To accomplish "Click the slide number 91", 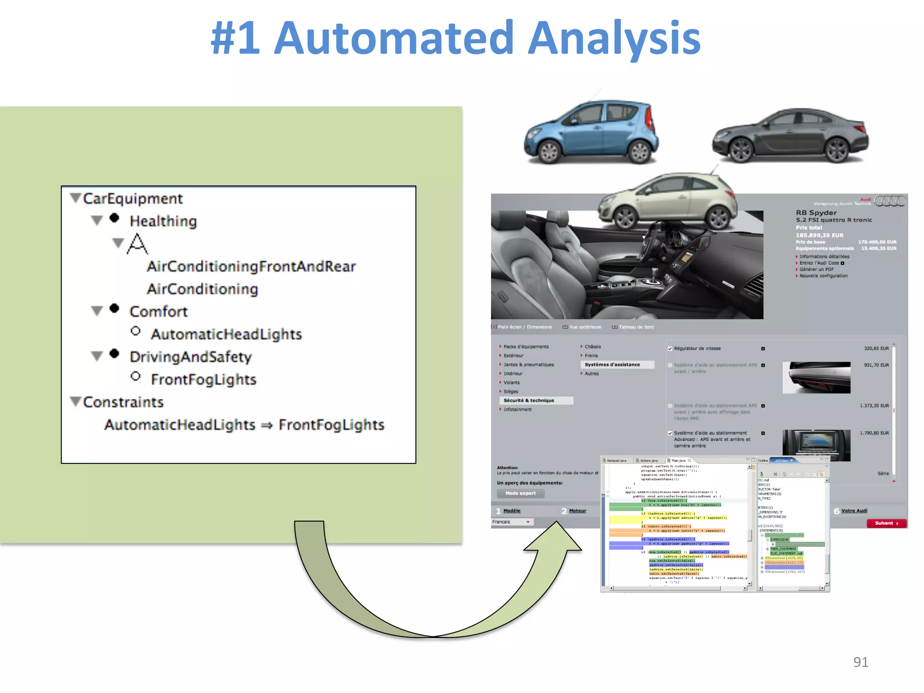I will (860, 662).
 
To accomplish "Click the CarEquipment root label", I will (133, 199).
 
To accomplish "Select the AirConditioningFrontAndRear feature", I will (251, 267).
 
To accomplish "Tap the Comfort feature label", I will (158, 311).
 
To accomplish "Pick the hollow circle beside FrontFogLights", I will (135, 376).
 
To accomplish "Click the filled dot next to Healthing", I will (115, 218).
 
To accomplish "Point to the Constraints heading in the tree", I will (123, 402).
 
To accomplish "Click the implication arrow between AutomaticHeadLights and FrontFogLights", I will (267, 425).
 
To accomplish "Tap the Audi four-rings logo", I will (890, 201).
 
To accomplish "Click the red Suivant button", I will (886, 523).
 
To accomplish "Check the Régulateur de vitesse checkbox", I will (670, 349).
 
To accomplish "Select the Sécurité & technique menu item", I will (529, 401).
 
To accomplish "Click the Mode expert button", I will (521, 494).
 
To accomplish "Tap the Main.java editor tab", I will (679, 461).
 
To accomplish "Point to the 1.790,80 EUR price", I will (874, 433).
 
